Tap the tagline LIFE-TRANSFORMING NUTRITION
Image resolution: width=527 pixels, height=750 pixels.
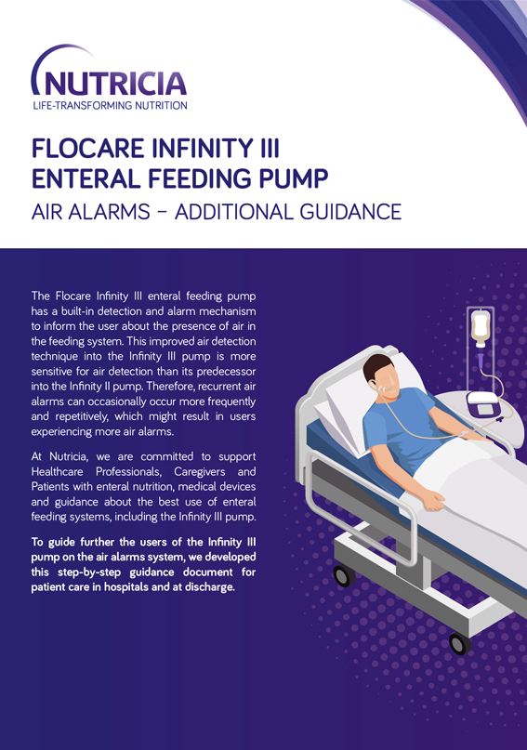110,105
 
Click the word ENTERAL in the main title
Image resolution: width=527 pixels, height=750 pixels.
86,178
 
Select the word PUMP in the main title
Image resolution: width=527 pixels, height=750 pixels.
294,178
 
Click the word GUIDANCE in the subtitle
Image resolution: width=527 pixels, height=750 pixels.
350,211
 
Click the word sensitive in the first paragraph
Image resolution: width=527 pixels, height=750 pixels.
51,371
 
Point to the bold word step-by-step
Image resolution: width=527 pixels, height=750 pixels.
90,572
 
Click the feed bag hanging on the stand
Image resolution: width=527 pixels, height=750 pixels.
480,329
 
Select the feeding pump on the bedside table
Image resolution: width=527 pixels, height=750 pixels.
483,405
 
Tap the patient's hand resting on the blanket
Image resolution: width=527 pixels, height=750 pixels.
433,501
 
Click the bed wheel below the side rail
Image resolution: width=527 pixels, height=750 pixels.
343,575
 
